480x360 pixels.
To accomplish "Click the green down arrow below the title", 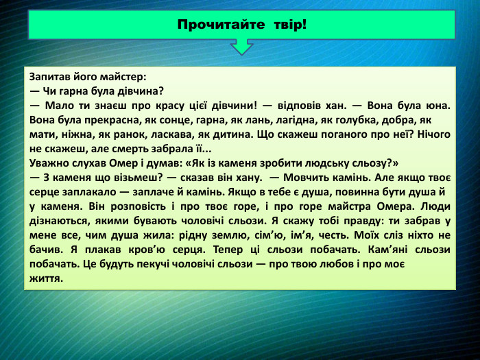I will (x=241, y=47).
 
